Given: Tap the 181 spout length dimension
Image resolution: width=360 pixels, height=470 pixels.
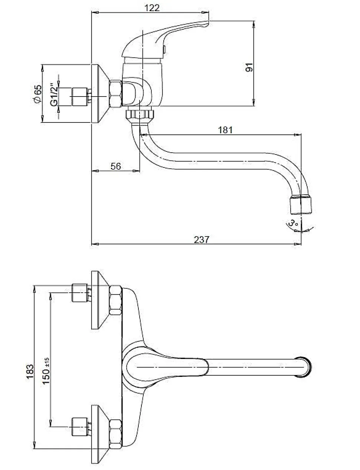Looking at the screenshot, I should click(225, 130).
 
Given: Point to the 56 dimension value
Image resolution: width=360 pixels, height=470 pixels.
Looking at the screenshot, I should click(116, 166).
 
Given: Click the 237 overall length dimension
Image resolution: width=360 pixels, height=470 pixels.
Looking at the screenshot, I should click(202, 239).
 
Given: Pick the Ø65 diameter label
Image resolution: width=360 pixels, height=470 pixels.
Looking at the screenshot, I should click(37, 94).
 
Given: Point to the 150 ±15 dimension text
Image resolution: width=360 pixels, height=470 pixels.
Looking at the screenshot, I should click(46, 371).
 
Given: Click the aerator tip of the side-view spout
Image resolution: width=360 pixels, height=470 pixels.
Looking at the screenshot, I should click(301, 204).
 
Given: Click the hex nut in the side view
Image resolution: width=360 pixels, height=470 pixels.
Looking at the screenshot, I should click(116, 94).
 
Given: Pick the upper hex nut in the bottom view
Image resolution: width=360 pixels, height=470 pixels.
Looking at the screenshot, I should click(115, 301).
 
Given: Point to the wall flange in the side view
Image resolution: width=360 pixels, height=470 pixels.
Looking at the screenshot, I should click(99, 94).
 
